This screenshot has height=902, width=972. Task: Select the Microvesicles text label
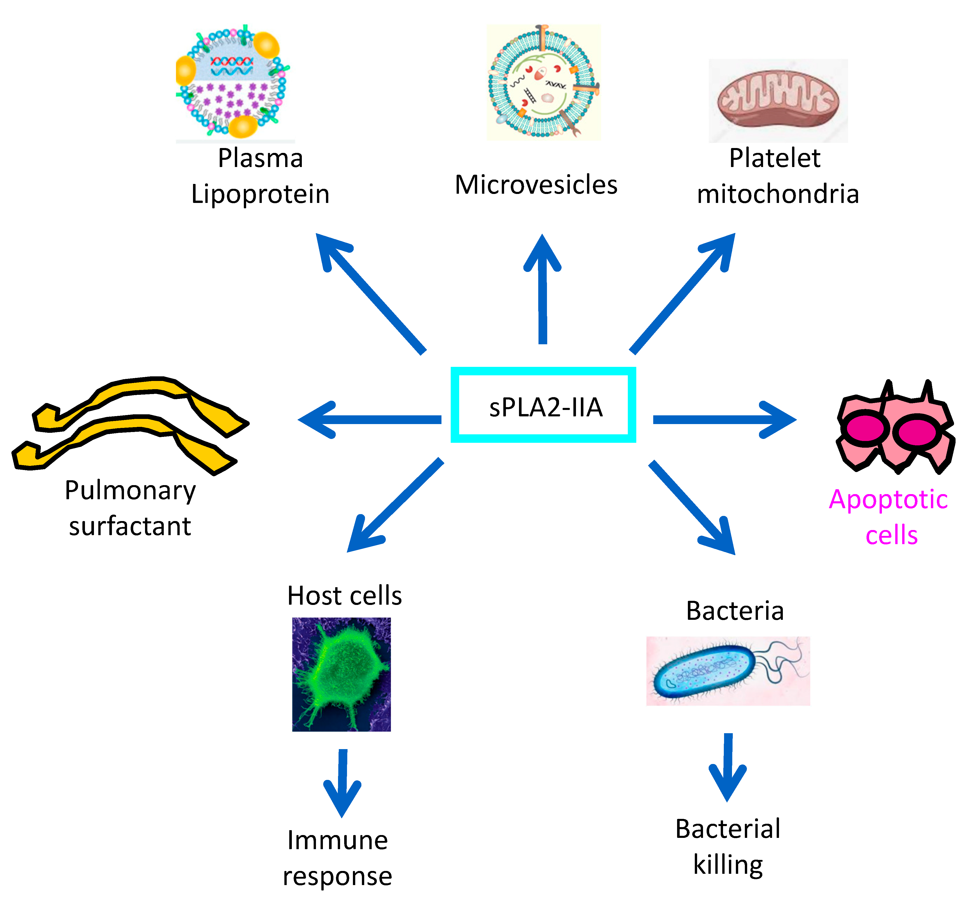(536, 185)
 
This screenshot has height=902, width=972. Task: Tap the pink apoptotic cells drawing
(895, 428)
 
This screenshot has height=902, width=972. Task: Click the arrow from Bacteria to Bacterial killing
(727, 766)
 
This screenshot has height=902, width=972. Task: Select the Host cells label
(344, 596)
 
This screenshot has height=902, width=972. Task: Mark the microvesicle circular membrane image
(543, 82)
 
